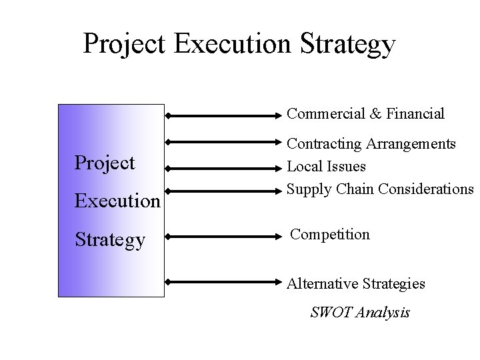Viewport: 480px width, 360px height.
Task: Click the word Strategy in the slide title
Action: [x=348, y=44]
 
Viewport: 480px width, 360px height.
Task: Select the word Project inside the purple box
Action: [x=105, y=163]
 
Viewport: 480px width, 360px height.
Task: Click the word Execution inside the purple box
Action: [x=117, y=201]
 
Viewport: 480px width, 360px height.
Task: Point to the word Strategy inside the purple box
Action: [x=110, y=239]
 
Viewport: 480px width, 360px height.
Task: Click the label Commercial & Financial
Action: [x=365, y=114]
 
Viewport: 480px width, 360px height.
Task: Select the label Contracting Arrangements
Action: [x=371, y=143]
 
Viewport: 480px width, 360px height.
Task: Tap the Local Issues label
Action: [x=326, y=166]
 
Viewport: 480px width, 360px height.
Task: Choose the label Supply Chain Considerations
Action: [x=379, y=189]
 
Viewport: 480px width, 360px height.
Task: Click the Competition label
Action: [x=330, y=234]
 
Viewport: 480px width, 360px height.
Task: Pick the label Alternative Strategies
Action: [x=356, y=283]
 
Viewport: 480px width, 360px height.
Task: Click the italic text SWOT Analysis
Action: [x=360, y=312]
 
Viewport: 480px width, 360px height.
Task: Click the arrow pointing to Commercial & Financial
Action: [x=225, y=115]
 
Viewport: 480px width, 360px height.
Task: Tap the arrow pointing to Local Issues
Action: [x=225, y=169]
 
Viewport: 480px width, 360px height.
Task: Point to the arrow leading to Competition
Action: [x=225, y=236]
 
